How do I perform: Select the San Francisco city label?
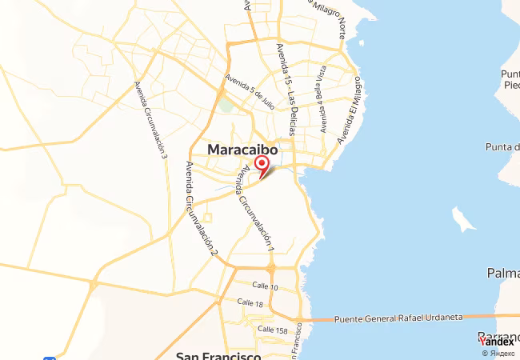tap(218, 355)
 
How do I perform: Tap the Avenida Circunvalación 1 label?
tap(255, 211)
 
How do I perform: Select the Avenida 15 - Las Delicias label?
tap(286, 88)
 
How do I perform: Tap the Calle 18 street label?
tap(250, 303)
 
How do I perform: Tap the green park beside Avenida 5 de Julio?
tap(227, 105)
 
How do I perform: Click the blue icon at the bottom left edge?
tap(50, 357)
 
